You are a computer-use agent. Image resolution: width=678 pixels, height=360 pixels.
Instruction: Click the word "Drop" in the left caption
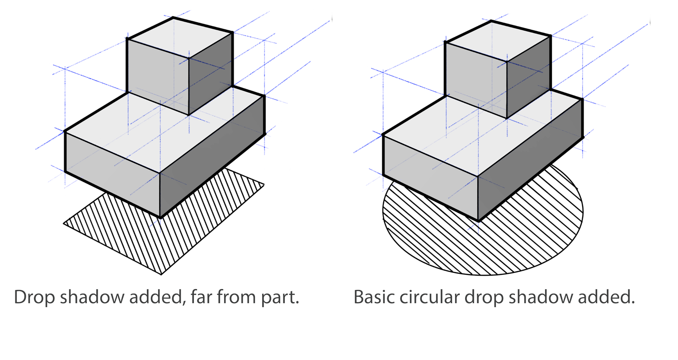tap(34, 298)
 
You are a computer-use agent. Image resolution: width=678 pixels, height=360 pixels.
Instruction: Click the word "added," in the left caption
tap(157, 297)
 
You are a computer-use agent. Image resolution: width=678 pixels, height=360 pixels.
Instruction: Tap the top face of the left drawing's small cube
tap(180, 38)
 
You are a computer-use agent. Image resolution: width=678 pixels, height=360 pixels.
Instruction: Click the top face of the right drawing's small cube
tap(498, 41)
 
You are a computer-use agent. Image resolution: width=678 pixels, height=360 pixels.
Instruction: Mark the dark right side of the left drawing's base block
tap(212, 156)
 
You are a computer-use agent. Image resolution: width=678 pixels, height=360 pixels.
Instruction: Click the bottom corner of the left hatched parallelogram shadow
tap(161, 275)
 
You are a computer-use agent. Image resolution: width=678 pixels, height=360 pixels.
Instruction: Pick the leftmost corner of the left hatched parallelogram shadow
tap(63, 224)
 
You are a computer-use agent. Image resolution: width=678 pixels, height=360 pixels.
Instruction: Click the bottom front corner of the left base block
tap(160, 217)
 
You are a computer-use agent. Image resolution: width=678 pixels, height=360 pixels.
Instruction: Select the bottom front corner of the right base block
tap(478, 221)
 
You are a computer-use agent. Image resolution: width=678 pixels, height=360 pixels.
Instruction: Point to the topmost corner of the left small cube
tap(173, 18)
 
